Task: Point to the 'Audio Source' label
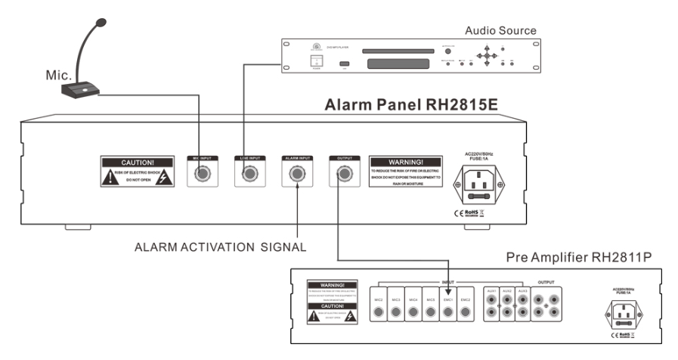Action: (500, 31)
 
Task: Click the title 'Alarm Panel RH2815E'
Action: (411, 105)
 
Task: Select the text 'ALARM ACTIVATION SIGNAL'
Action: (219, 247)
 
